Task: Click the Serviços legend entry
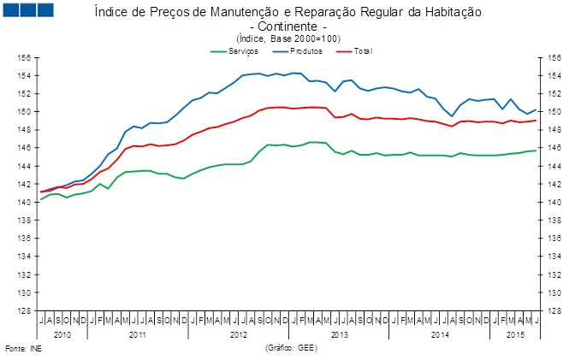[234, 51]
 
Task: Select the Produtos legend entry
[297, 51]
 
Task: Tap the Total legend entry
[354, 51]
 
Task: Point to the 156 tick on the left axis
[24, 58]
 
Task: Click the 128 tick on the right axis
[554, 311]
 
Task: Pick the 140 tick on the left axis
[24, 202]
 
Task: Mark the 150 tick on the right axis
[554, 112]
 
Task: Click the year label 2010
[62, 335]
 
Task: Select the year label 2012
[239, 335]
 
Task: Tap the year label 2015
[515, 335]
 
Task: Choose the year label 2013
[340, 335]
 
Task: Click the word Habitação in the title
[454, 12]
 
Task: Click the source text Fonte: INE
[23, 349]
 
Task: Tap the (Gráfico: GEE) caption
[291, 348]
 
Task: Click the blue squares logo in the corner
[28, 10]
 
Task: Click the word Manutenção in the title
[245, 12]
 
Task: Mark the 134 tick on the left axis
[24, 257]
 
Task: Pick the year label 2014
[440, 335]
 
